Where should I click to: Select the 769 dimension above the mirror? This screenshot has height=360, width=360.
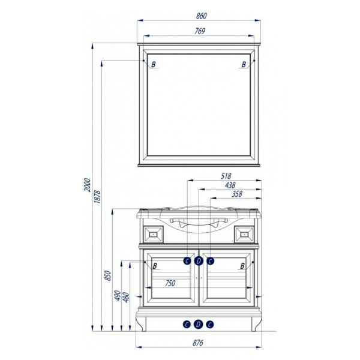click(x=200, y=31)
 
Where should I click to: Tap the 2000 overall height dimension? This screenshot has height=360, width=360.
click(x=88, y=185)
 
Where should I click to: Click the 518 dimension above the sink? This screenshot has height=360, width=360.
click(x=226, y=176)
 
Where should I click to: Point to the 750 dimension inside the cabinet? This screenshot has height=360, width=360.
click(x=170, y=284)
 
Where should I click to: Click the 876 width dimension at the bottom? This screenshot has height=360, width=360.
click(x=199, y=343)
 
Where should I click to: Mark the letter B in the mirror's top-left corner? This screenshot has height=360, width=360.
click(x=154, y=64)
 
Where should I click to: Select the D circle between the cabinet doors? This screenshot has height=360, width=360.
click(x=199, y=260)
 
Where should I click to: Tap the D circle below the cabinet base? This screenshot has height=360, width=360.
click(x=199, y=325)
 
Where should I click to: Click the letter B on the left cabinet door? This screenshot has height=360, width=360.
click(x=155, y=266)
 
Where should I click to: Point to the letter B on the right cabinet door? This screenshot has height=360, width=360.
click(x=242, y=266)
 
